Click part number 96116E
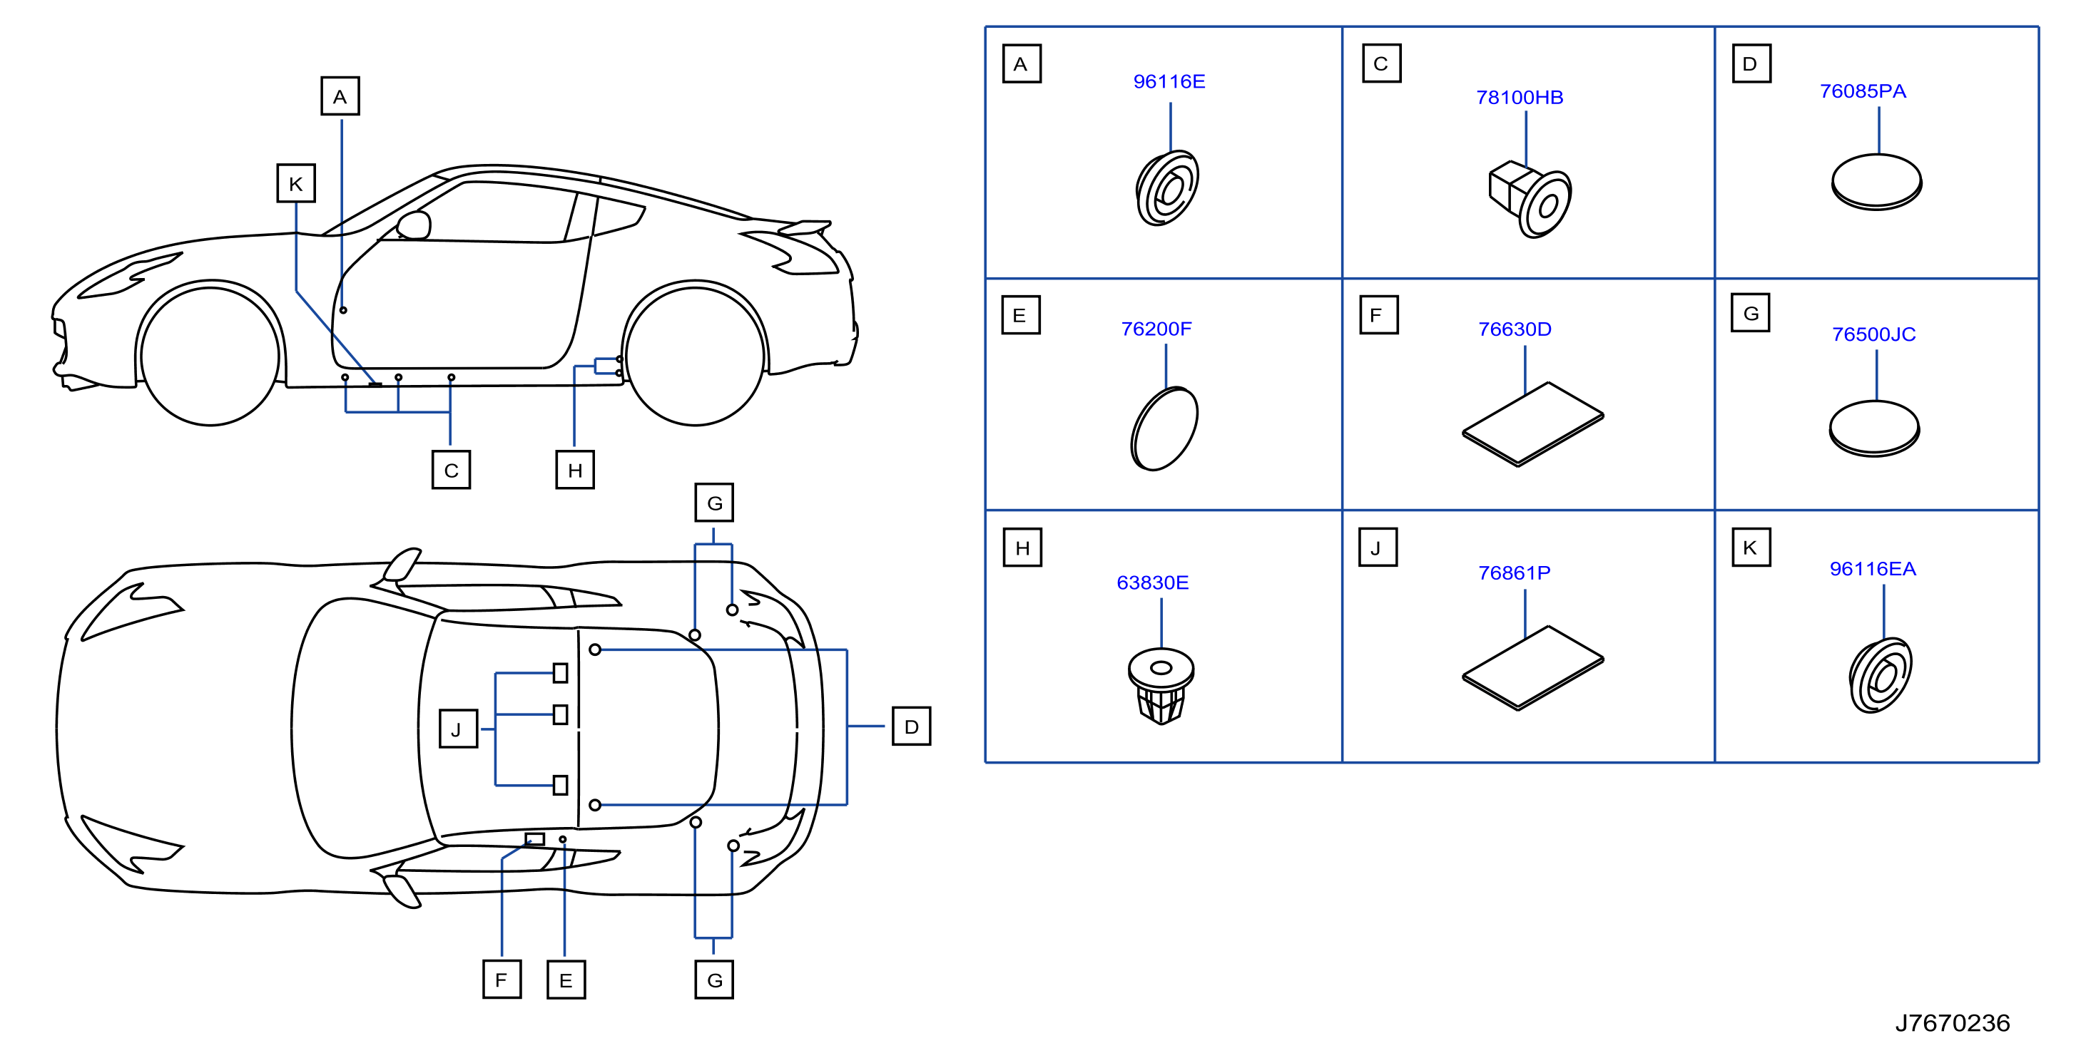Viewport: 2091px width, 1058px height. (1168, 81)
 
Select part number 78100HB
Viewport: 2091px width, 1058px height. (1519, 98)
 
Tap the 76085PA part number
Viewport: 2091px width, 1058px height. (1862, 91)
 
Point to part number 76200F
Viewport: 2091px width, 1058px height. (1156, 329)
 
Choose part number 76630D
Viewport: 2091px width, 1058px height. (1514, 329)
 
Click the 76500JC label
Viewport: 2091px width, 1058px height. (1873, 334)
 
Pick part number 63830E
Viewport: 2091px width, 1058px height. (1152, 582)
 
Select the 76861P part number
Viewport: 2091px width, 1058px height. (1514, 572)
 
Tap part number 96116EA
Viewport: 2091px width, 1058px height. (1872, 569)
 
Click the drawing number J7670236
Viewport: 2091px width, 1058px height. (1951, 1023)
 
